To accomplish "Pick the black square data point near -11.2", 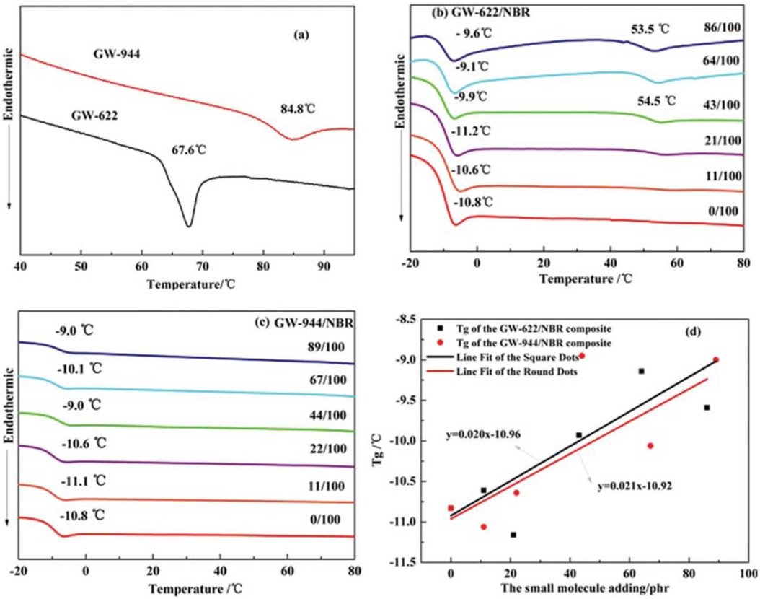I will pyautogui.click(x=513, y=535).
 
